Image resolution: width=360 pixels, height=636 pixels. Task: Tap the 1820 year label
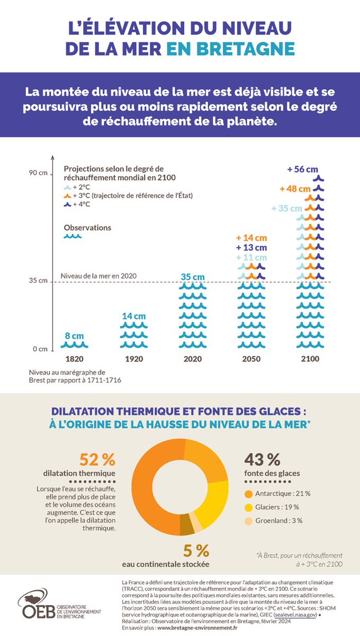tap(75, 359)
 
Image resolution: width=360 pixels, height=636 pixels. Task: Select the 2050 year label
tap(251, 359)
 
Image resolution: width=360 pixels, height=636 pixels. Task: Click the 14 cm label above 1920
tap(134, 316)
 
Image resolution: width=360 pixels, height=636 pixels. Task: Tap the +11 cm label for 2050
tap(252, 257)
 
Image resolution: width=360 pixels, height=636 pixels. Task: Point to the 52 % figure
tap(97, 459)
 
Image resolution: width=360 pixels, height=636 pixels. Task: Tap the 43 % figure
tap(262, 458)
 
